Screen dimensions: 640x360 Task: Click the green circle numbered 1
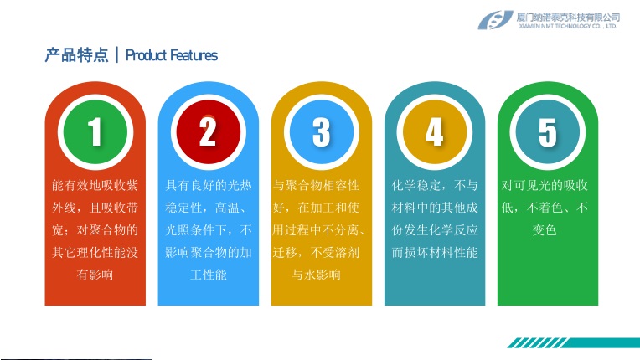pos(95,132)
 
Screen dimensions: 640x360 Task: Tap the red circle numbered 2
pos(208,132)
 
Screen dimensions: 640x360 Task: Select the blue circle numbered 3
pos(321,132)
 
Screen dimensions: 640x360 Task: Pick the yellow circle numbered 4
pos(434,132)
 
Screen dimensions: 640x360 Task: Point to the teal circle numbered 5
pos(547,132)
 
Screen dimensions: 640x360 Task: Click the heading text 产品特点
pos(77,55)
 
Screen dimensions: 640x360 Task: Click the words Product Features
pos(172,55)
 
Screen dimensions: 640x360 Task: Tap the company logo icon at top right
pos(495,20)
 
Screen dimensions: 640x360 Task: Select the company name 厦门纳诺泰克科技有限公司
pos(568,17)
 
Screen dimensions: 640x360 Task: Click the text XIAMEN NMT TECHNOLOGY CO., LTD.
pos(568,26)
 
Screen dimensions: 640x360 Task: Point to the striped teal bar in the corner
pos(574,343)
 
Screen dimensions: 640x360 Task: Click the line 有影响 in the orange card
pos(95,275)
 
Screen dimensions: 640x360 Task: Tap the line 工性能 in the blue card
pos(208,275)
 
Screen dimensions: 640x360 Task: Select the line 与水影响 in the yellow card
pos(316,275)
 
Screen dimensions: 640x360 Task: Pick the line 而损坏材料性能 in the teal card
pos(435,252)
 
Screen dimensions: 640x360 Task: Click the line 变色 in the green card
pos(545,230)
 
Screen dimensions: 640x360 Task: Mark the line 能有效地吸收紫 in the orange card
pos(95,186)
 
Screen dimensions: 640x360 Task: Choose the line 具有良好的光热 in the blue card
pos(208,186)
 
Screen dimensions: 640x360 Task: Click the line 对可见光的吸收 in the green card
pos(545,186)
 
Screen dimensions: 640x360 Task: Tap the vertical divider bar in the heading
pos(117,55)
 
